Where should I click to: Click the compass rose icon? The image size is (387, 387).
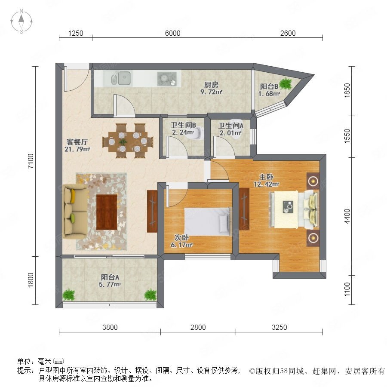click(x=21, y=21)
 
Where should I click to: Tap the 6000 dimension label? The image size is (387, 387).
click(x=172, y=33)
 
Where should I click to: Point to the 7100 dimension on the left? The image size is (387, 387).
click(x=31, y=161)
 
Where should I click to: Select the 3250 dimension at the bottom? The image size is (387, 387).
click(x=279, y=327)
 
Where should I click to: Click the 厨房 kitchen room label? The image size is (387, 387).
click(x=211, y=85)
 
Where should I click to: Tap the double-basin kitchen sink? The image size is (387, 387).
click(x=120, y=78)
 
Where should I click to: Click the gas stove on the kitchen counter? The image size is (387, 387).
click(x=167, y=79)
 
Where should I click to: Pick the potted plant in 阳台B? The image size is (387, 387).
click(x=286, y=83)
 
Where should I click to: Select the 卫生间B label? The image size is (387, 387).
click(x=183, y=125)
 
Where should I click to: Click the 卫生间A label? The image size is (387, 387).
click(x=230, y=126)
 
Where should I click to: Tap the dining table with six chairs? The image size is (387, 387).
click(x=128, y=141)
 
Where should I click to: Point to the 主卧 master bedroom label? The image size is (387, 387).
click(x=266, y=177)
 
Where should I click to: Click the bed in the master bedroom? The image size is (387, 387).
click(x=294, y=209)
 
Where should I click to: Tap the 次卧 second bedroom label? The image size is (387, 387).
click(x=181, y=237)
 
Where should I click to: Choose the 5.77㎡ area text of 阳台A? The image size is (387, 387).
click(x=110, y=284)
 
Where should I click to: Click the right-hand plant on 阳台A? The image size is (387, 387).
click(x=150, y=295)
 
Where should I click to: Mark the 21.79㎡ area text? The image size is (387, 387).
click(x=77, y=149)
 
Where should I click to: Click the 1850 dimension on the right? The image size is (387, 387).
click(x=347, y=91)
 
